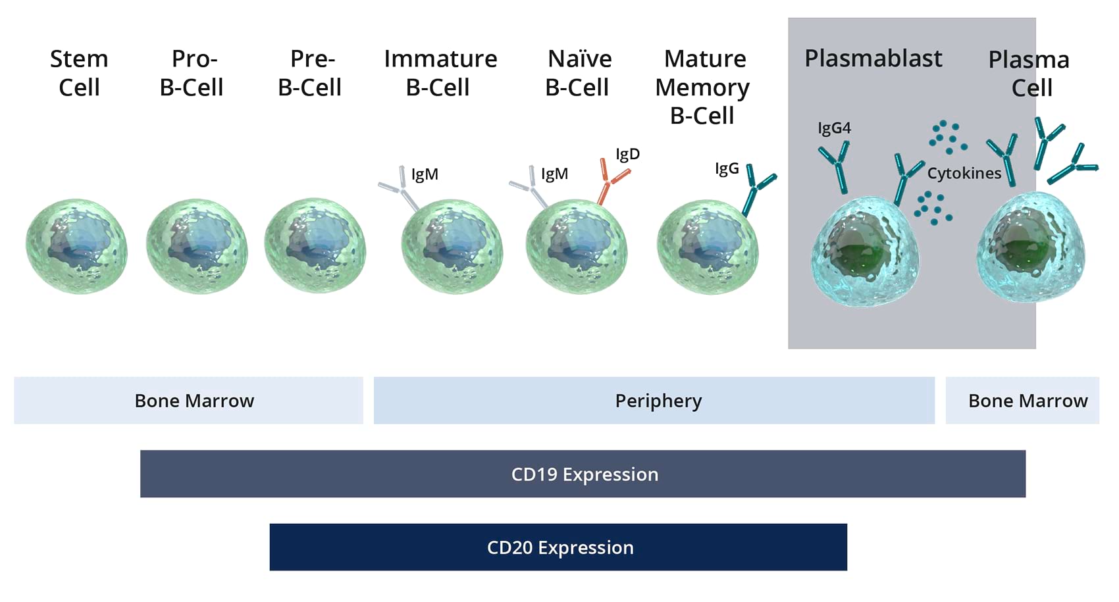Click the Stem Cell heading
tap(79, 73)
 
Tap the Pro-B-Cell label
tap(192, 73)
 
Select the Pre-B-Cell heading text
tap(310, 73)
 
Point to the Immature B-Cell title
tap(440, 73)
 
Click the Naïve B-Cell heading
tap(578, 73)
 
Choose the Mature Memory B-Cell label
tap(703, 87)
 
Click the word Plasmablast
tap(873, 59)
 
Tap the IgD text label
tap(627, 154)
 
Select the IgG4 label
tap(834, 128)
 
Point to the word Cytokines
tap(964, 173)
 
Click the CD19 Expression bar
tap(583, 474)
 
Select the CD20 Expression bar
tap(558, 547)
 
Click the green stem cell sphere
tap(76, 247)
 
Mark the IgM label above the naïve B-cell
tap(554, 174)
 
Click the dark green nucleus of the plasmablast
tap(856, 253)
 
